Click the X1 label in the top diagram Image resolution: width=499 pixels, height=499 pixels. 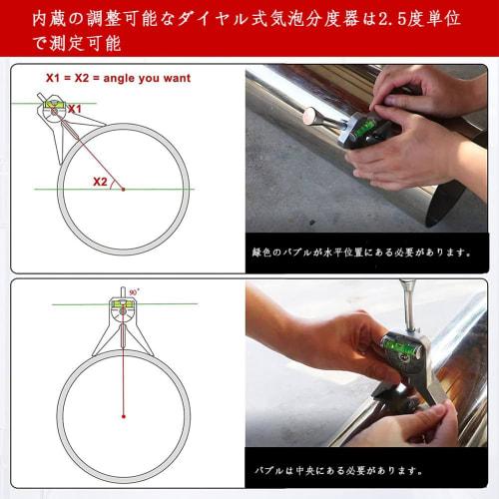(x=75, y=108)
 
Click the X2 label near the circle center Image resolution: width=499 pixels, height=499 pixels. (x=100, y=181)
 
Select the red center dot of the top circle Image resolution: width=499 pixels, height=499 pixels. (x=123, y=189)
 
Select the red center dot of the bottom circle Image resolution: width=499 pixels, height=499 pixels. (x=123, y=415)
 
